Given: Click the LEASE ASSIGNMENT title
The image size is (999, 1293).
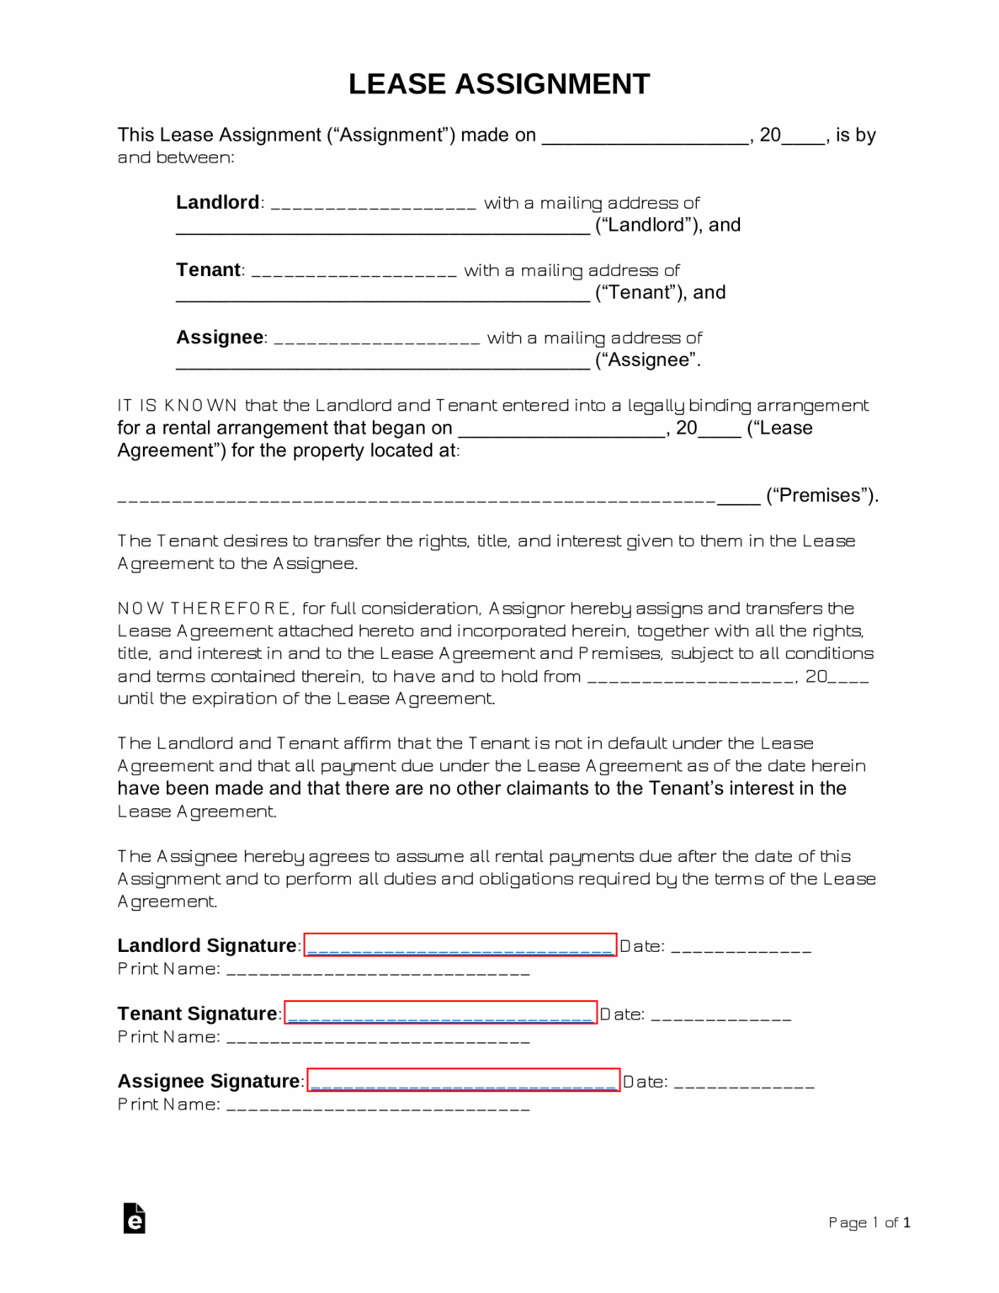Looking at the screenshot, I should click(499, 84).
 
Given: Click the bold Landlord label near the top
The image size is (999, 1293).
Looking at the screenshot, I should click(217, 202).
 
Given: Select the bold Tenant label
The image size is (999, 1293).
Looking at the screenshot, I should click(208, 269).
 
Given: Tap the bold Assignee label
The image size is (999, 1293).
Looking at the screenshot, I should click(220, 337).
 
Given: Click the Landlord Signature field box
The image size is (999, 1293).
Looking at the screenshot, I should click(460, 945).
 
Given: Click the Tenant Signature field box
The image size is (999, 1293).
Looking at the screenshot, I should click(440, 1013).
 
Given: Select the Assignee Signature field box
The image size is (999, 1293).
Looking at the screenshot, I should click(463, 1080).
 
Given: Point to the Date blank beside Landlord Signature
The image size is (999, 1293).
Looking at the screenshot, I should click(741, 949).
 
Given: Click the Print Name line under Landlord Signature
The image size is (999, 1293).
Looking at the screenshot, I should click(378, 971).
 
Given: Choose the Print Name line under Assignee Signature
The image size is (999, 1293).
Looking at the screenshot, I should click(378, 1107).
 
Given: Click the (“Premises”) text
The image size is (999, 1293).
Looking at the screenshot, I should click(821, 495).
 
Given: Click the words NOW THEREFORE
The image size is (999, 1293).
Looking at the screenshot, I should click(204, 608).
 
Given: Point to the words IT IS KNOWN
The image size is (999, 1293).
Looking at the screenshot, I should click(177, 405).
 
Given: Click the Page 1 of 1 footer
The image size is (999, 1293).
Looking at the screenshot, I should click(869, 1222).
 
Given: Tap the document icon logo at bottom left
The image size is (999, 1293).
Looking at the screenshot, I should click(134, 1218).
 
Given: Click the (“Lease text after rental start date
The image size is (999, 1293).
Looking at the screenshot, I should click(779, 428).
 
